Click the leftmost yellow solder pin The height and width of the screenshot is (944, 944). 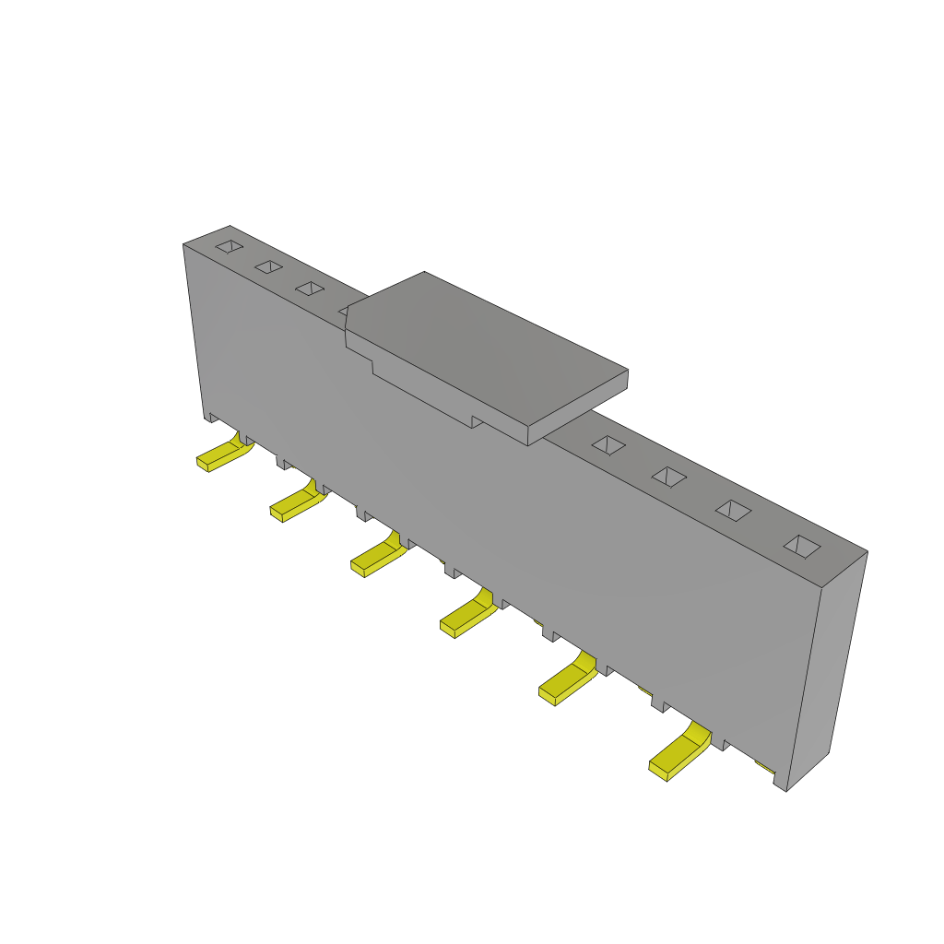(221, 455)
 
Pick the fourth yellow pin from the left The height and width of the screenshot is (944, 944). (466, 618)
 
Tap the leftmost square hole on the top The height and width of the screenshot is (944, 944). (230, 246)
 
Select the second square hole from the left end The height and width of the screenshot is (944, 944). (269, 266)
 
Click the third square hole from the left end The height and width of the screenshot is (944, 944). (310, 289)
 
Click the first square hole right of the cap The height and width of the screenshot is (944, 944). (608, 445)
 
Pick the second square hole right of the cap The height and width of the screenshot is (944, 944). (669, 477)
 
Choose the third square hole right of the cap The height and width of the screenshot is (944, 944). (733, 511)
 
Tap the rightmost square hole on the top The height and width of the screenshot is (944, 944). (802, 547)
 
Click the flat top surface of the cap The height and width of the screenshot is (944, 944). (484, 346)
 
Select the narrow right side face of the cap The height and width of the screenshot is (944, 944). (578, 407)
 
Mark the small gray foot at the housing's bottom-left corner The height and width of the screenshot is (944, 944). (210, 418)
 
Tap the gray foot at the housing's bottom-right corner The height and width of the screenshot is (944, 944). (780, 782)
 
